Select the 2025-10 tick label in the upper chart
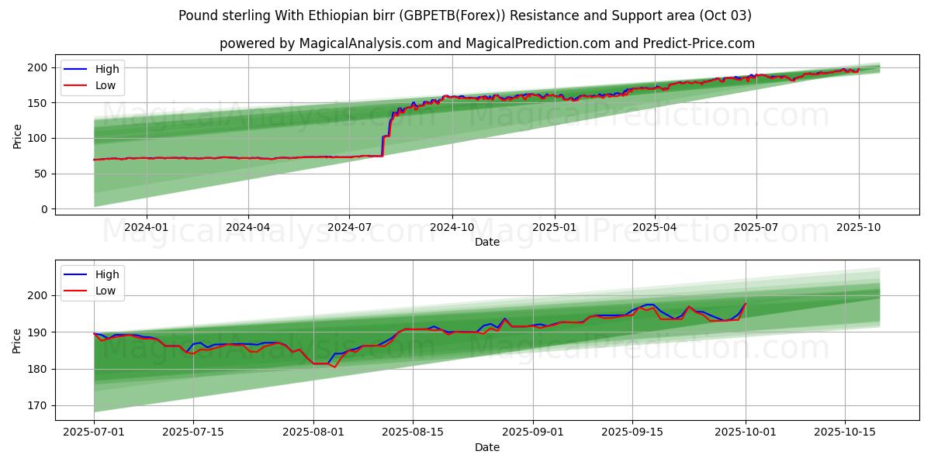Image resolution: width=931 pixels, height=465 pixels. (x=858, y=227)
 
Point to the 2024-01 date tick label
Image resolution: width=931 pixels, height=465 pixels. (x=146, y=227)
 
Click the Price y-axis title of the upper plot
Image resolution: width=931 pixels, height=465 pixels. (x=18, y=136)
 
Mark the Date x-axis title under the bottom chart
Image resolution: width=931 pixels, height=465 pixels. (x=487, y=447)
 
